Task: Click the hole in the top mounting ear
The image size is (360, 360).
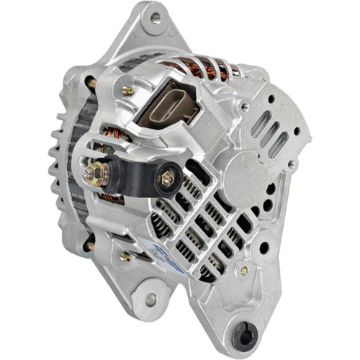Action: click(154, 19)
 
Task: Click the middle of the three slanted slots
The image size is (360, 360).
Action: click(267, 133)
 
